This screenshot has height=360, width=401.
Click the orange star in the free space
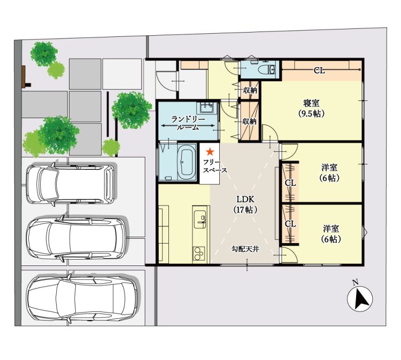click(x=210, y=152)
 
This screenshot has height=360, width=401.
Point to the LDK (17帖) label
click(x=245, y=204)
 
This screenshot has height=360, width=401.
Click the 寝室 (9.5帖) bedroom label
click(x=311, y=108)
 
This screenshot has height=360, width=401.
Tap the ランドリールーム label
click(x=188, y=123)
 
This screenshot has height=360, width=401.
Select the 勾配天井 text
click(x=245, y=248)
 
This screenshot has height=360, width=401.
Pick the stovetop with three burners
click(x=199, y=254)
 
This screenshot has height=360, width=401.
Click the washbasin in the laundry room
click(x=206, y=108)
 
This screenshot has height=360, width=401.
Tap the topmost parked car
click(x=70, y=184)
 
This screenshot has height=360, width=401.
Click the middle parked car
click(x=76, y=238)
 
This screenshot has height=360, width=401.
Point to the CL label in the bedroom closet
click(x=319, y=71)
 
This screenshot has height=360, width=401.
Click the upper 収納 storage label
click(x=250, y=90)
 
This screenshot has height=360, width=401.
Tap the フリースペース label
click(x=215, y=166)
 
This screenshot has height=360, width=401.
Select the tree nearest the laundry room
click(x=132, y=110)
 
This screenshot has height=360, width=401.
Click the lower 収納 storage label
click(x=249, y=121)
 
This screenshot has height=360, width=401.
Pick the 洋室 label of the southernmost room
click(x=330, y=228)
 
